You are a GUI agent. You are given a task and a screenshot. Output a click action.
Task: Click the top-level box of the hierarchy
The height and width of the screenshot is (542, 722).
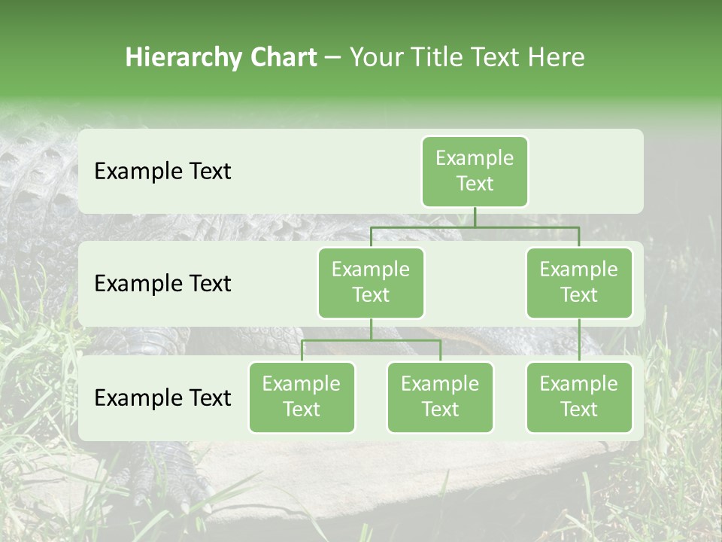[x=475, y=171]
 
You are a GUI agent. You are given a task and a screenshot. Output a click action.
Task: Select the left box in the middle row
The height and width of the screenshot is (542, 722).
[x=371, y=282]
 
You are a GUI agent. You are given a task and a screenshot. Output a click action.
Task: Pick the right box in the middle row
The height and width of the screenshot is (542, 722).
[x=579, y=282]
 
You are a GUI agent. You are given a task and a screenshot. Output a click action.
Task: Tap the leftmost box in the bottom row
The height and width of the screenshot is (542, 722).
[x=302, y=397]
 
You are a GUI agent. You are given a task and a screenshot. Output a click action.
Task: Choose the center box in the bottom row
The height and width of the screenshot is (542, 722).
[x=440, y=397]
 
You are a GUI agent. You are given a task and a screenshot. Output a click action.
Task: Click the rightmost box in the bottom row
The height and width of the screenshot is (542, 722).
[x=579, y=397]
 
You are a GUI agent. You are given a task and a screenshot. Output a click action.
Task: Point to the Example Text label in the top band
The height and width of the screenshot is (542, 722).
[x=162, y=172]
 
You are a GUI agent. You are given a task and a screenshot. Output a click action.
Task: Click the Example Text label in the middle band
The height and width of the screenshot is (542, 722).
[x=162, y=284]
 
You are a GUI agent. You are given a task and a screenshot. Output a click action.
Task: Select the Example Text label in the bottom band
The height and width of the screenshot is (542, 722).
[x=162, y=397]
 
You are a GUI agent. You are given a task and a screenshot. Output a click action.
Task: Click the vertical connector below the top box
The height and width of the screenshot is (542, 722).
[x=475, y=217]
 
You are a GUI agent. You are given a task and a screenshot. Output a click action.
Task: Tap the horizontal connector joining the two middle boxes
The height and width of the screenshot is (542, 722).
[x=475, y=227]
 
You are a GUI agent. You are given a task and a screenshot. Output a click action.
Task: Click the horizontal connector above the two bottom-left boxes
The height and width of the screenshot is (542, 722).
[x=371, y=340]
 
